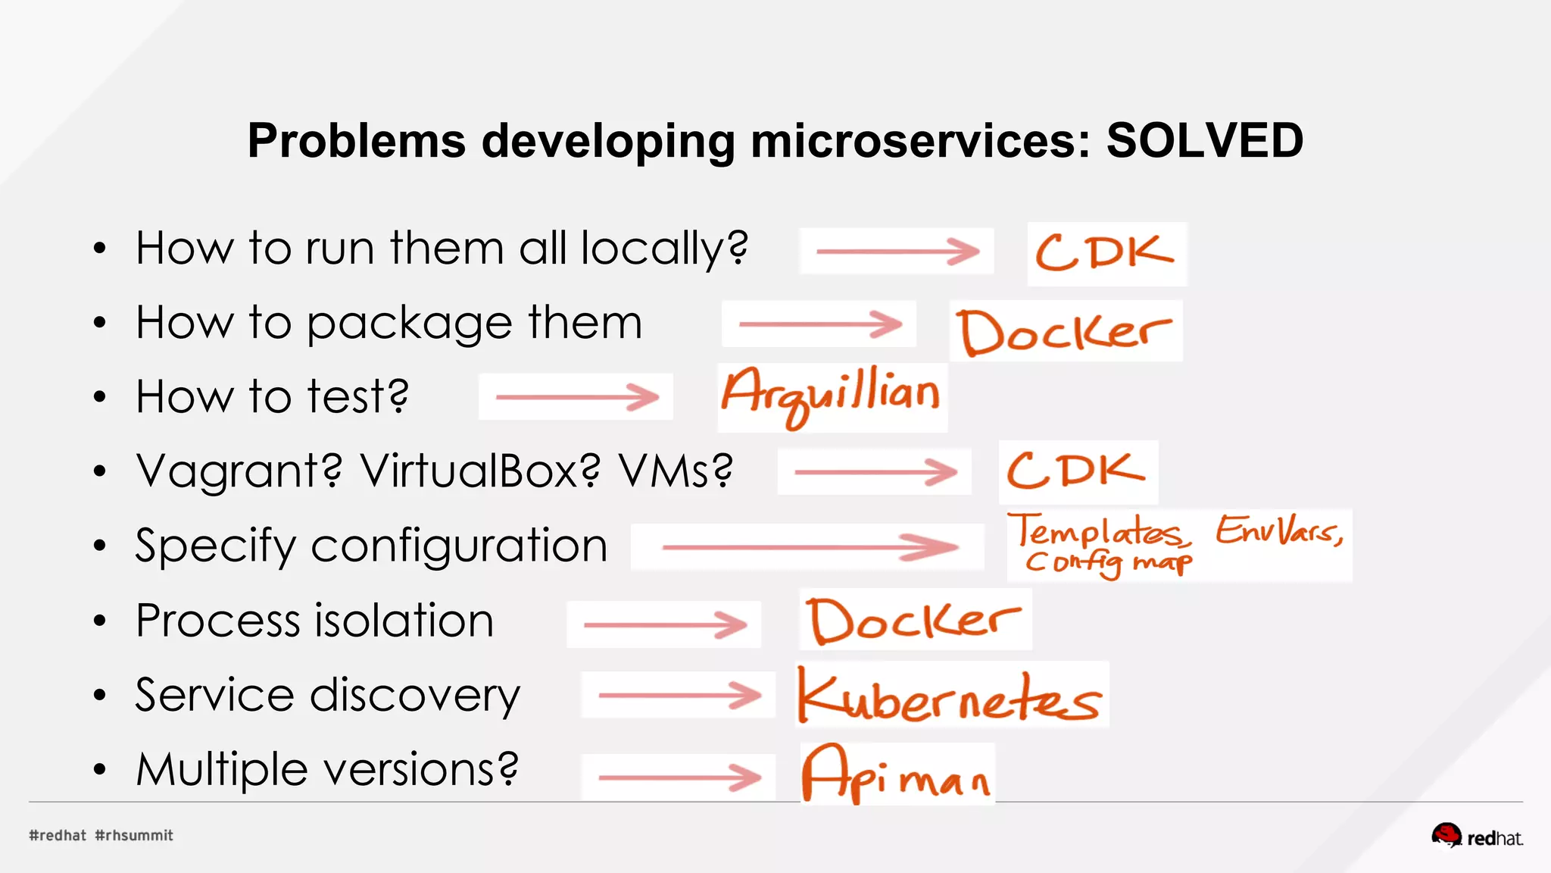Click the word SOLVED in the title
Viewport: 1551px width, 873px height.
[x=1204, y=141]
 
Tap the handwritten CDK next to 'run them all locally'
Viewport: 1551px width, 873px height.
[x=1105, y=253]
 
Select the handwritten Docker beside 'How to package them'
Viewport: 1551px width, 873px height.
[x=1064, y=332]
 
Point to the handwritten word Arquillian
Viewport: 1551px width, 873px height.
[x=831, y=394]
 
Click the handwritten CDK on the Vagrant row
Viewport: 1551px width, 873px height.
[x=1076, y=471]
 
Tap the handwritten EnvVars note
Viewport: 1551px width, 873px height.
[x=1280, y=530]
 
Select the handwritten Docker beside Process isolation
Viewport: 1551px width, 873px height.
[x=913, y=621]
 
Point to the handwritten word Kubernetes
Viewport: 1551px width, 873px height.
[x=950, y=696]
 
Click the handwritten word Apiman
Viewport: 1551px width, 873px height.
[x=896, y=774]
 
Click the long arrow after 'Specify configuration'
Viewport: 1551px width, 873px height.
[x=809, y=546]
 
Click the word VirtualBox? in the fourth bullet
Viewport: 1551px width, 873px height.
[x=479, y=471]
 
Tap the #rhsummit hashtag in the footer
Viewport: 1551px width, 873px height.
[x=134, y=835]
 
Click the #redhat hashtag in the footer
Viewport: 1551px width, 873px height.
[x=58, y=835]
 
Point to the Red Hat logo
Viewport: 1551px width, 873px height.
[x=1477, y=836]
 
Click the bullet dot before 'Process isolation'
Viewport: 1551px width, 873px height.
[x=100, y=621]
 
